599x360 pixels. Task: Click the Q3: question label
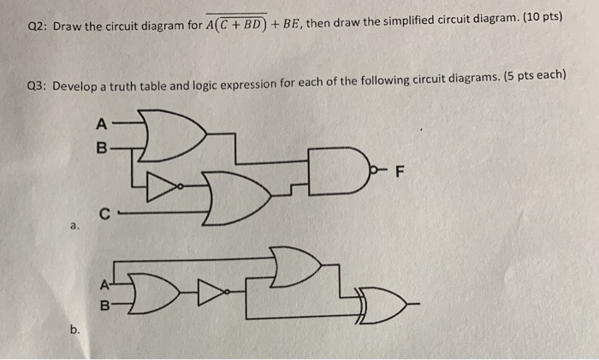tap(39, 87)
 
